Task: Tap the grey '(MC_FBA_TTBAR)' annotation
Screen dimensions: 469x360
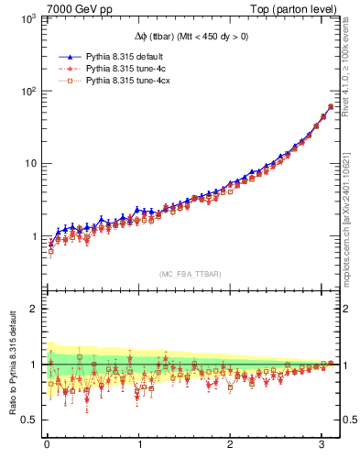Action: pos(189,274)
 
